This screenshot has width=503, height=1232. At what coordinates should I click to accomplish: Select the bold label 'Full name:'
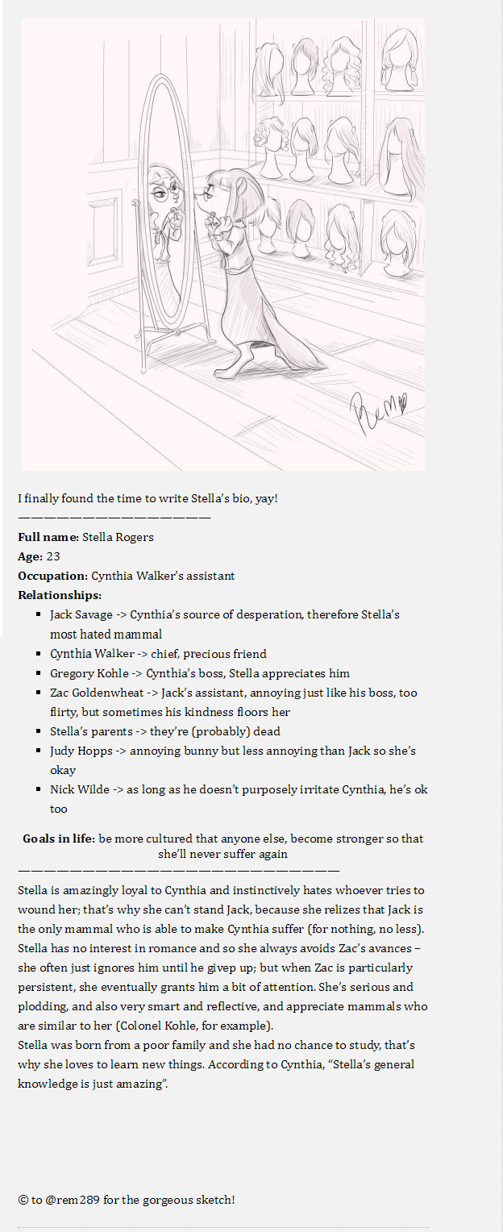pos(48,537)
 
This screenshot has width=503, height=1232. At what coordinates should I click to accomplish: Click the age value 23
pos(53,556)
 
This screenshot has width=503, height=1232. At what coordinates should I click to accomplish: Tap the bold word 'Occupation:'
pos(52,576)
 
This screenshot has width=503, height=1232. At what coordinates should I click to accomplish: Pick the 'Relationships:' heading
pos(60,595)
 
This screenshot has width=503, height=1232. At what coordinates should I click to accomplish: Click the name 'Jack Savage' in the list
pos(81,614)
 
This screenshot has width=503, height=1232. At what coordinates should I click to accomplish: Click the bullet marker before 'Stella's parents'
pos(39,731)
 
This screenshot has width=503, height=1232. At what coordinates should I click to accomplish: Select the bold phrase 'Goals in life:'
pos(59,839)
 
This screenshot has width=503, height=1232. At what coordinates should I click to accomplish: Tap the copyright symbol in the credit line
pos(23,1200)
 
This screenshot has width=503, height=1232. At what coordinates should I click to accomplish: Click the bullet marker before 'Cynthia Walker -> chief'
pos(39,654)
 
